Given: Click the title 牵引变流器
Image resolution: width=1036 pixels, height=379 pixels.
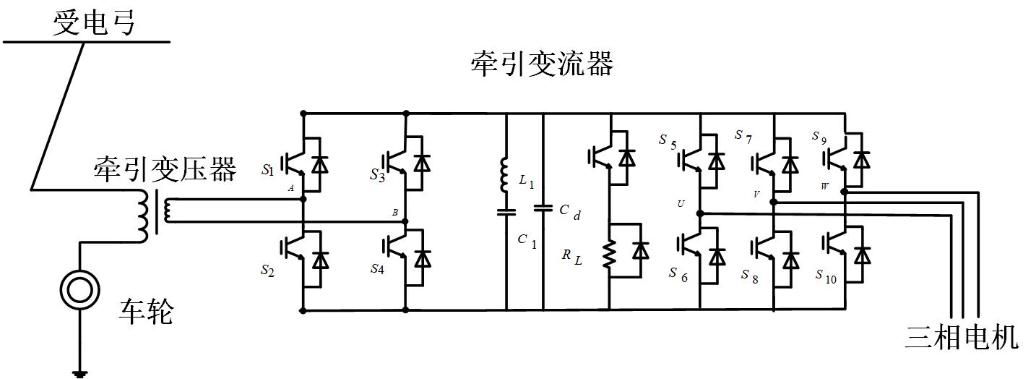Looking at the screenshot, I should click(542, 64).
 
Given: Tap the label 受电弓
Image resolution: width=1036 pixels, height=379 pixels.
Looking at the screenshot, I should click(95, 23).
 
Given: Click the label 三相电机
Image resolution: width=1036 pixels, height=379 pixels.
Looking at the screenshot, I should click(962, 338).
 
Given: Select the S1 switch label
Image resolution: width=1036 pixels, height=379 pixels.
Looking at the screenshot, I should click(268, 171).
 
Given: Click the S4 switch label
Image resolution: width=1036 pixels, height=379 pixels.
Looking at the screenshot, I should click(377, 269).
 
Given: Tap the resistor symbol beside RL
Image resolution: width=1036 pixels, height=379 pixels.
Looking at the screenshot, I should click(610, 253).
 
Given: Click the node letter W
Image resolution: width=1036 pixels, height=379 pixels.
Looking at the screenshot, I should click(825, 187).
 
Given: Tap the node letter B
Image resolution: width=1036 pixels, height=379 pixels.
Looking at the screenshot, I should click(394, 212).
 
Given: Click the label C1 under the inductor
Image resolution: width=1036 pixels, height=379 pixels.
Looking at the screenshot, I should click(527, 241).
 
